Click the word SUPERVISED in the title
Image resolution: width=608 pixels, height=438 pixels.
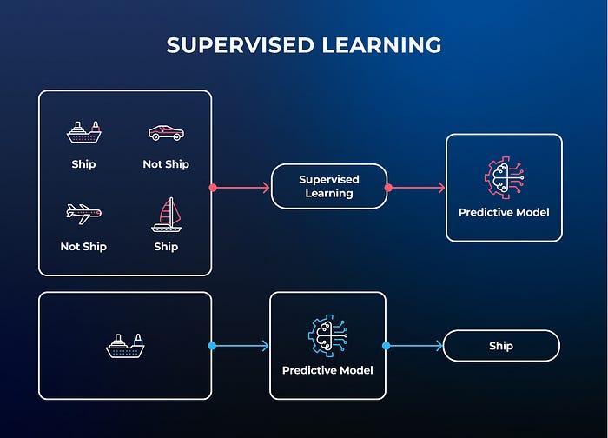point(240,45)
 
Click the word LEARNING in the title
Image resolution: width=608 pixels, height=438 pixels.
point(381,45)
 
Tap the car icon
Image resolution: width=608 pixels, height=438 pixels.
point(167,133)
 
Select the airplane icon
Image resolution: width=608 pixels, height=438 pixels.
point(83,214)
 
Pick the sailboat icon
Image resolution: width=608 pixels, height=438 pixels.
point(167,215)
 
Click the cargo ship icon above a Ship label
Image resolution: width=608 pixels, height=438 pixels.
point(83,132)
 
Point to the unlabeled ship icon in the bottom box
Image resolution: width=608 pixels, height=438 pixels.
point(125,346)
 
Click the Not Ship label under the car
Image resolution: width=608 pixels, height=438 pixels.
point(166,164)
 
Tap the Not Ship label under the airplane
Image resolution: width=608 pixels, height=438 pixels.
point(83,247)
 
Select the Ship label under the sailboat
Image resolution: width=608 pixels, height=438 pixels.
point(166,247)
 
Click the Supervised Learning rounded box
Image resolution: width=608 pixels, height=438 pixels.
point(329,186)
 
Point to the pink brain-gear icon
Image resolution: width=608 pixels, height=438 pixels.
point(504,177)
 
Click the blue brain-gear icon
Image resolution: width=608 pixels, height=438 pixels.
point(328,335)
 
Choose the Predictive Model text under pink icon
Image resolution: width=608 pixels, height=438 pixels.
point(504,212)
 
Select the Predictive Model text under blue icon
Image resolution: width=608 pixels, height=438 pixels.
point(327,370)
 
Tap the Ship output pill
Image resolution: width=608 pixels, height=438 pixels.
point(501,346)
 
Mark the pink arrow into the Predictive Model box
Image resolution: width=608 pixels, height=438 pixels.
point(415,188)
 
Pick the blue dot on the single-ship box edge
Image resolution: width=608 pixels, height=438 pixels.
point(212,346)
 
